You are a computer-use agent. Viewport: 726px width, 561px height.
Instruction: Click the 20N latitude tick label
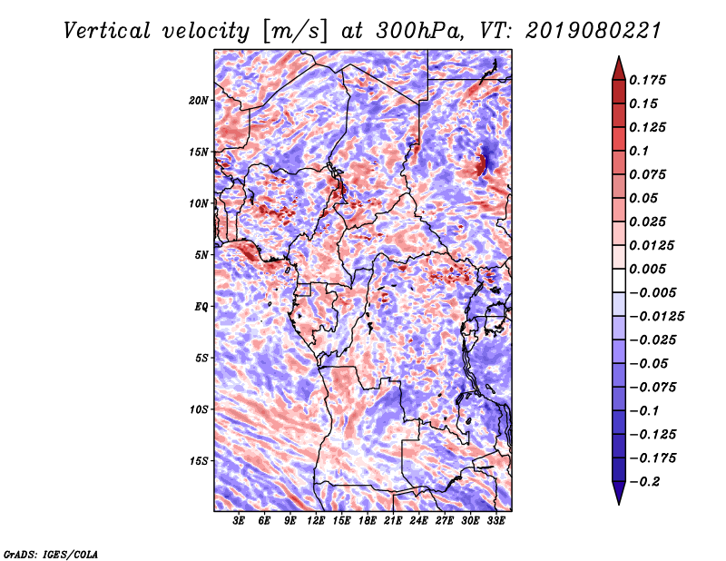pyautogui.click(x=199, y=100)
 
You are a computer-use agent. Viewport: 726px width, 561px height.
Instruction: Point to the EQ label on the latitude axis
pyautogui.click(x=201, y=307)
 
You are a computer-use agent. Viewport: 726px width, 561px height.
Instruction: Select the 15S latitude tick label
pyautogui.click(x=199, y=461)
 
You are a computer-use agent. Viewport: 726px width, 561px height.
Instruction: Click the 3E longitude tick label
pyautogui.click(x=240, y=521)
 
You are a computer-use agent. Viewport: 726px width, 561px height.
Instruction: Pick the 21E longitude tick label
pyautogui.click(x=392, y=521)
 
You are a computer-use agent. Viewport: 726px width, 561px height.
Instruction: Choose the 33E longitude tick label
pyautogui.click(x=495, y=521)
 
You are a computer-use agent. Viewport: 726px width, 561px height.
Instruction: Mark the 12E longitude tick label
pyautogui.click(x=316, y=521)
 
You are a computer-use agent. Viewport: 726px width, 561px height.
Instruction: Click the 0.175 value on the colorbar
pyautogui.click(x=650, y=80)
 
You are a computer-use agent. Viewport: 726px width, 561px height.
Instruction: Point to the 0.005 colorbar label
pyautogui.click(x=650, y=269)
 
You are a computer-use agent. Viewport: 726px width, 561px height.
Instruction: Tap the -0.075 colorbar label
pyautogui.click(x=653, y=387)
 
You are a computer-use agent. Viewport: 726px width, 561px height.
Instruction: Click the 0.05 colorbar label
pyautogui.click(x=645, y=198)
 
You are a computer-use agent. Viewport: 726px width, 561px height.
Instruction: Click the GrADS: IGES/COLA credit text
pyautogui.click(x=50, y=552)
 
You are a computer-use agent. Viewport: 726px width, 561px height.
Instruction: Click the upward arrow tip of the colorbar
pyautogui.click(x=618, y=59)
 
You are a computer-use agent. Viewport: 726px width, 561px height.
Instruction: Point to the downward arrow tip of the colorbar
pyautogui.click(x=618, y=501)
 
